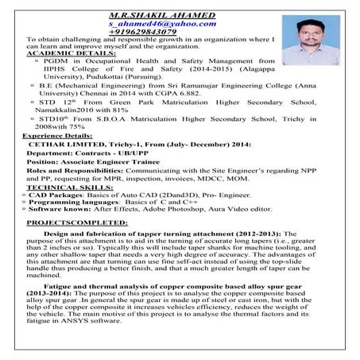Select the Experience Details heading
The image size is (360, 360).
coord(56,136)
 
